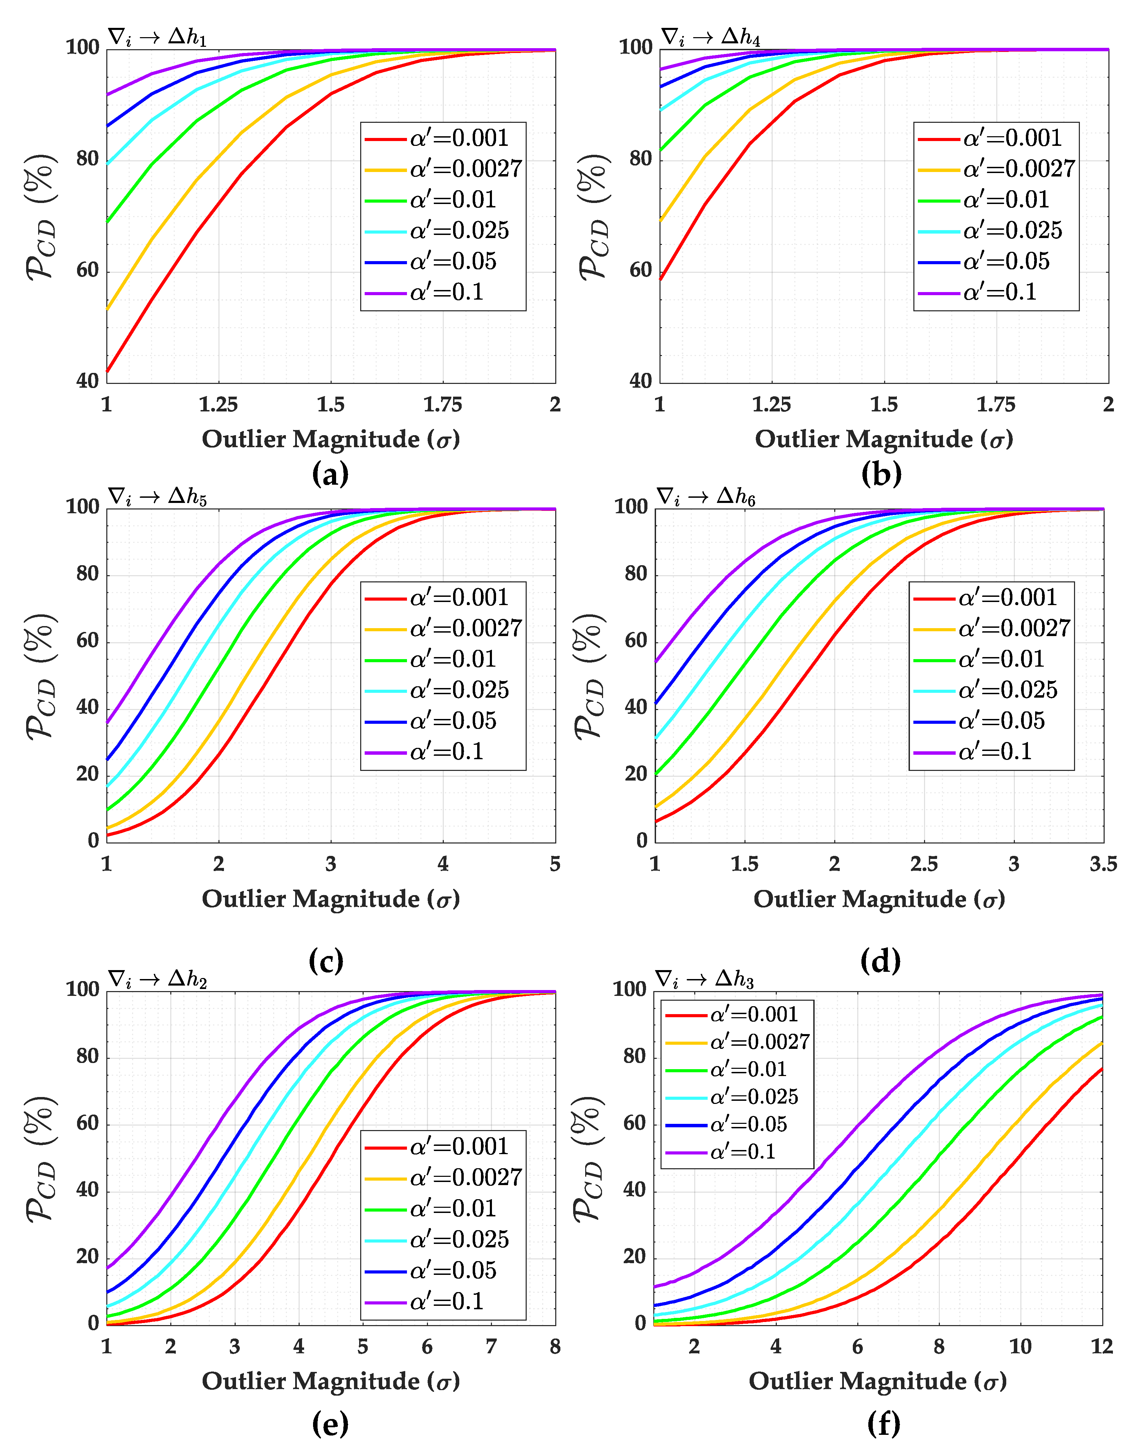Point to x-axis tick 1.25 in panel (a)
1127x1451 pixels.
218,405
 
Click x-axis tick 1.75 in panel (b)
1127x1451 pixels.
996,405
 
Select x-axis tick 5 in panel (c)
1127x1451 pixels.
555,864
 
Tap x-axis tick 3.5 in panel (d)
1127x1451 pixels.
1103,864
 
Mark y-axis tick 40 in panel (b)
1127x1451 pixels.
641,381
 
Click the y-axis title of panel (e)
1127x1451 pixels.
41,1158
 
